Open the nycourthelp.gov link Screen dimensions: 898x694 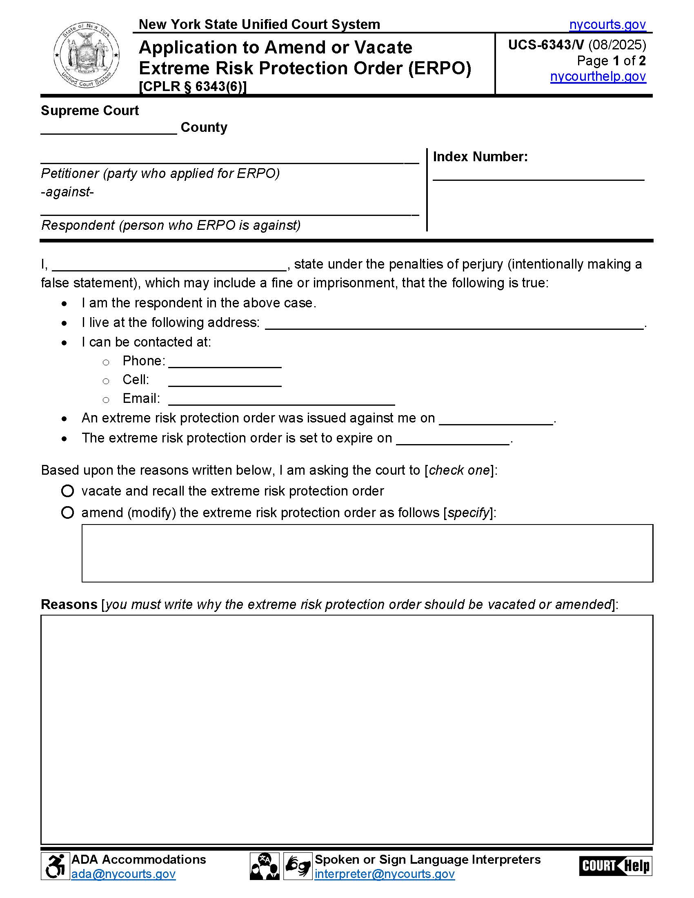click(x=598, y=76)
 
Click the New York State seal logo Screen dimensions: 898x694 click(x=86, y=55)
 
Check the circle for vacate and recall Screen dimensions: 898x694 click(x=67, y=491)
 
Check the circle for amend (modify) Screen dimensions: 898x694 click(x=67, y=513)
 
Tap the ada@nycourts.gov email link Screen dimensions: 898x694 click(x=123, y=874)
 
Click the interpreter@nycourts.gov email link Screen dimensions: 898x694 click(x=385, y=874)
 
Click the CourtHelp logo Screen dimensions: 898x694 click(x=615, y=866)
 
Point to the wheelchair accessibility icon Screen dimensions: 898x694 click(x=55, y=866)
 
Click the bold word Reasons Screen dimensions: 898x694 click(x=69, y=605)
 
